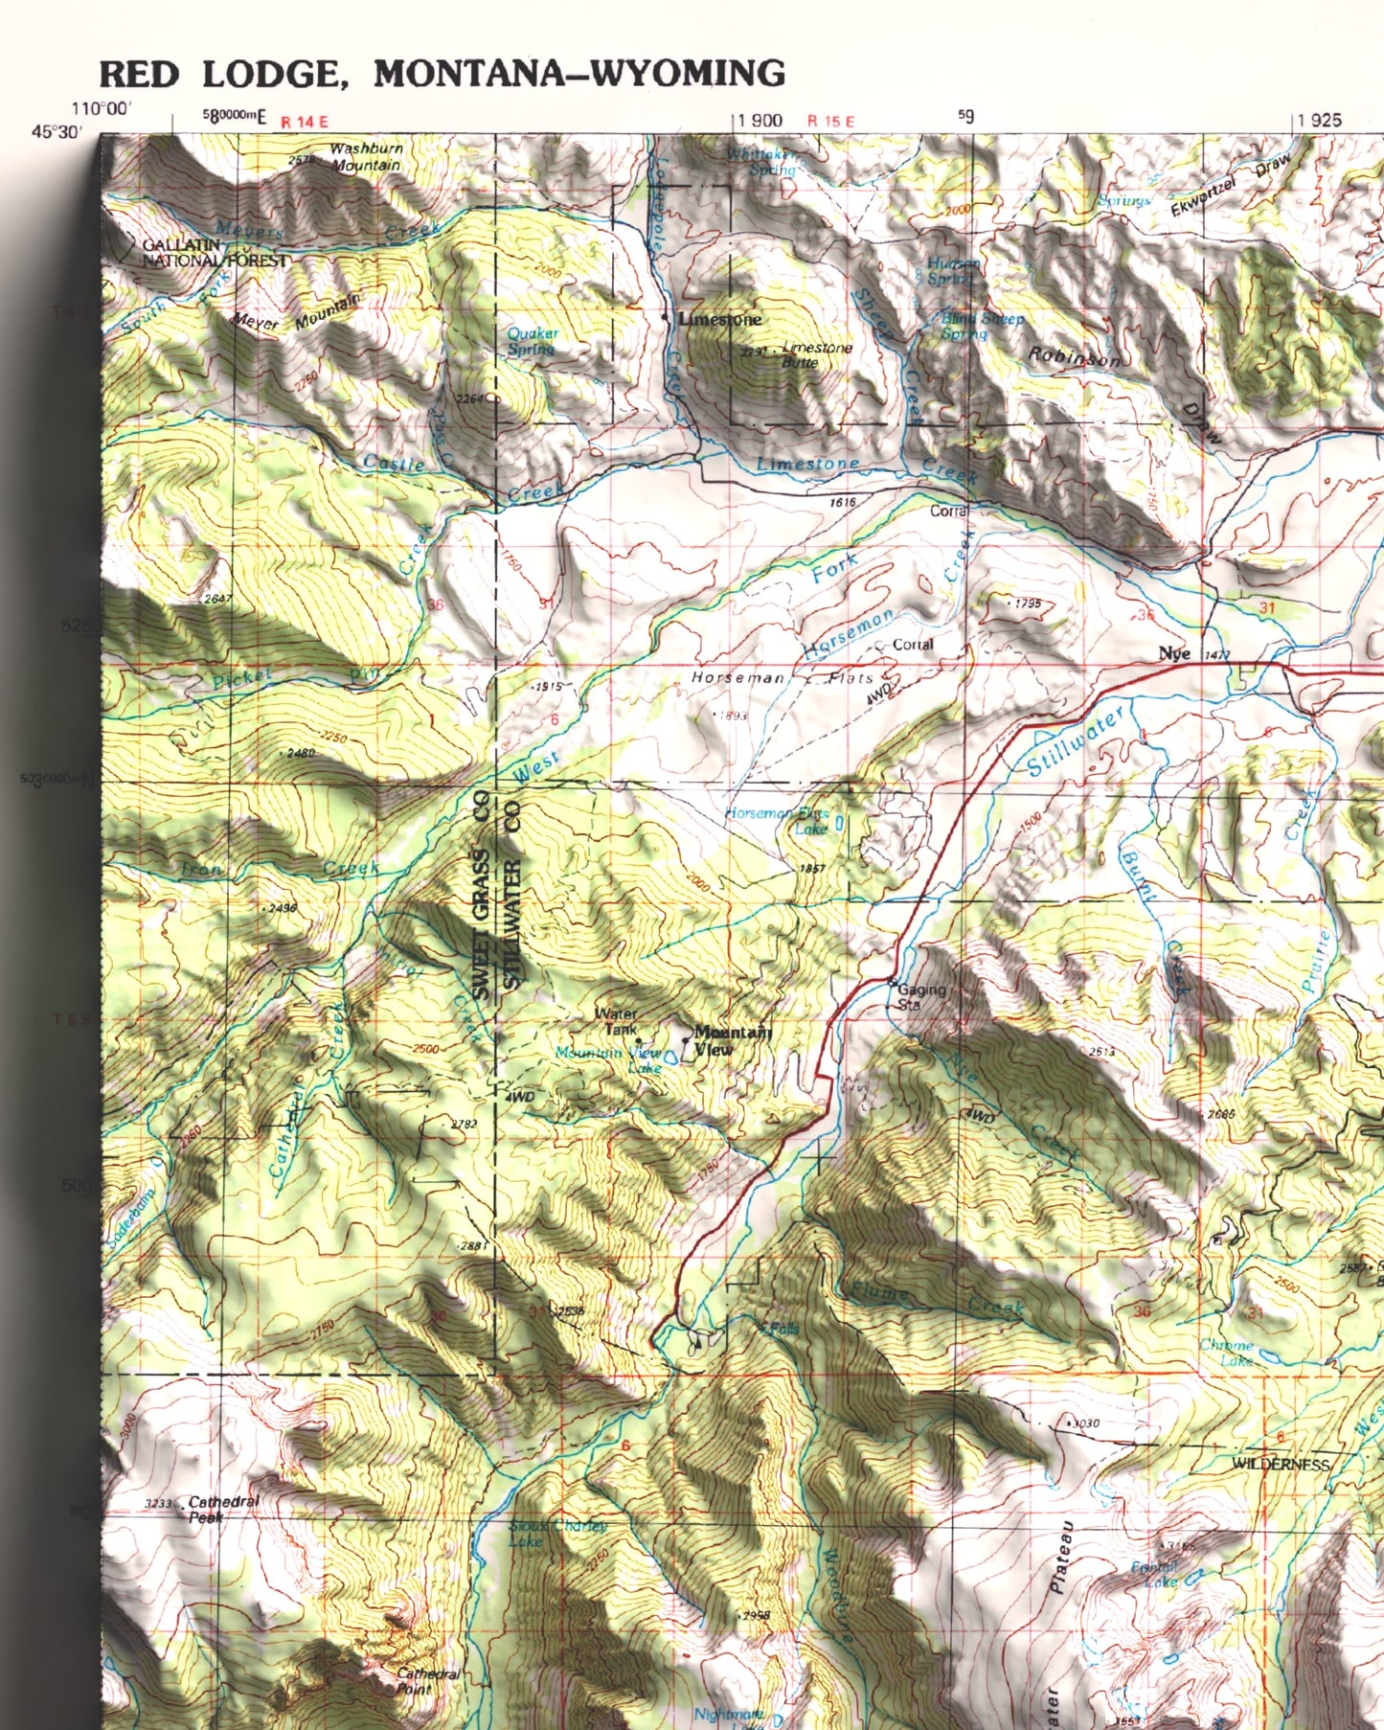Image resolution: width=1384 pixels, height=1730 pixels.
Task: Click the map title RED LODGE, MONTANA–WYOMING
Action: (442, 74)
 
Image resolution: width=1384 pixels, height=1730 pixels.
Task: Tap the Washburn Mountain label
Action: (366, 157)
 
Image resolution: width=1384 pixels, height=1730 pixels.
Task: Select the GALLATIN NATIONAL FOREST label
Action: (214, 253)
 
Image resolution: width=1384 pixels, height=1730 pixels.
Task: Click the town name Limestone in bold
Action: (719, 319)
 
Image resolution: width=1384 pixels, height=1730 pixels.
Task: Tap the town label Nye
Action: (1174, 653)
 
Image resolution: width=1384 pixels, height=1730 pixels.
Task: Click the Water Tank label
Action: (617, 1021)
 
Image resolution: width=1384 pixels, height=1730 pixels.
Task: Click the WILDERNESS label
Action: (1282, 1464)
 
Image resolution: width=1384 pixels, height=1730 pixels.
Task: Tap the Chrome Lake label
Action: (1226, 1352)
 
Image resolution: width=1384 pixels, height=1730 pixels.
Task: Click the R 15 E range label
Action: (830, 121)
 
